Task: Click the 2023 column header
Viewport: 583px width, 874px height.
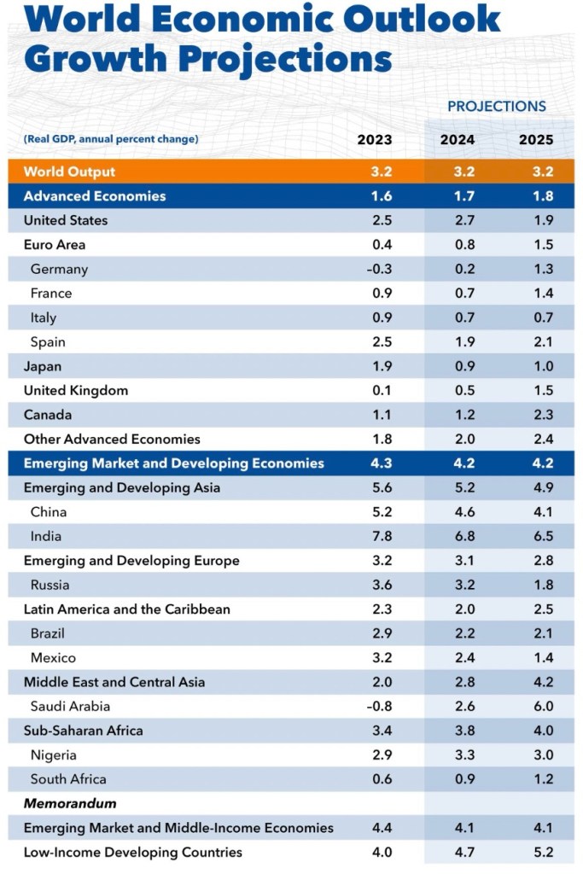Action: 375,140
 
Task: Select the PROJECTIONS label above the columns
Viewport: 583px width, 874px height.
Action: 497,107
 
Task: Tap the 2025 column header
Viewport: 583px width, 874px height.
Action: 536,140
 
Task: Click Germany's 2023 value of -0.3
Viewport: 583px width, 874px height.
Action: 379,269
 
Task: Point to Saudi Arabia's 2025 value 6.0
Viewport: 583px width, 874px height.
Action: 542,707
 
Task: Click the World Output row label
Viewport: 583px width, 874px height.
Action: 70,172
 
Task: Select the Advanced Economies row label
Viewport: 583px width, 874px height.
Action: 95,196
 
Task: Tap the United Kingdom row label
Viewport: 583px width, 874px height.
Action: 76,391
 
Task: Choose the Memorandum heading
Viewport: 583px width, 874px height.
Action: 70,804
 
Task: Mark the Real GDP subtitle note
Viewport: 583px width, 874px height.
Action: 111,139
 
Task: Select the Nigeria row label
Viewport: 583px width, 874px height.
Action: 54,755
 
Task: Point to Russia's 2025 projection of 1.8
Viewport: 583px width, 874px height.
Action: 542,586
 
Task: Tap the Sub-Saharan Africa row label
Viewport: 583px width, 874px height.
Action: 84,731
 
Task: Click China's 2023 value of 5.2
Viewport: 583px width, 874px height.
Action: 381,512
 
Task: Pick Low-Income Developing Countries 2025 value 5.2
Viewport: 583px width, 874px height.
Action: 542,852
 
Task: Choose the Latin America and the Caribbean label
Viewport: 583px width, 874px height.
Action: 127,609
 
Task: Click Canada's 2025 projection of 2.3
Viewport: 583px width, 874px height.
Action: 542,415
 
